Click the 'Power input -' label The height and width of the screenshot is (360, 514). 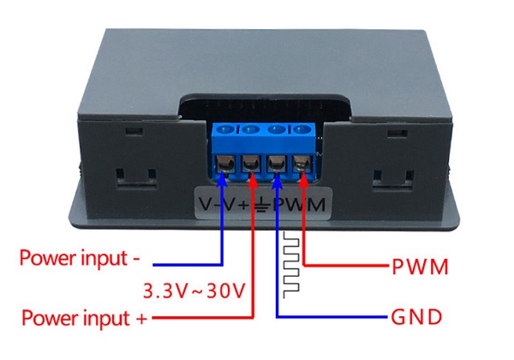(80, 259)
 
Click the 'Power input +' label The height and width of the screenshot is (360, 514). (84, 318)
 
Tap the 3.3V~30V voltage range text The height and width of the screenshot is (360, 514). (194, 291)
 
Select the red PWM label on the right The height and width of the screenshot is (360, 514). (420, 267)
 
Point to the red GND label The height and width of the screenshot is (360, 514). (416, 317)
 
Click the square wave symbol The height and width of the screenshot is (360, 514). (291, 265)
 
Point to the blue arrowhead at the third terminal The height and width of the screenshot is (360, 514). (278, 180)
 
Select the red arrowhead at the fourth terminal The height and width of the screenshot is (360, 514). (303, 179)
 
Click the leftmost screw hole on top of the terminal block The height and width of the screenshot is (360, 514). (226, 129)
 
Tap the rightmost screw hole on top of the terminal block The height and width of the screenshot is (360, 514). (302, 129)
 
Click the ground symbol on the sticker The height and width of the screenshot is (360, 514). (261, 205)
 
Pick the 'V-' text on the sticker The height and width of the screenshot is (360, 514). (209, 204)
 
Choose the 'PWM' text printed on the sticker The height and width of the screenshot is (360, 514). (299, 205)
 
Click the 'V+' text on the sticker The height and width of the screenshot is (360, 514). (235, 204)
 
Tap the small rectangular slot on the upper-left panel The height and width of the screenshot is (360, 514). (134, 131)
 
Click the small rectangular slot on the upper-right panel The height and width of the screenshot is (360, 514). (397, 134)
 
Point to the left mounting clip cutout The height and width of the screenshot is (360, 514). (136, 178)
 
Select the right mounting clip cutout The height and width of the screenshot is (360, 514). (393, 181)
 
